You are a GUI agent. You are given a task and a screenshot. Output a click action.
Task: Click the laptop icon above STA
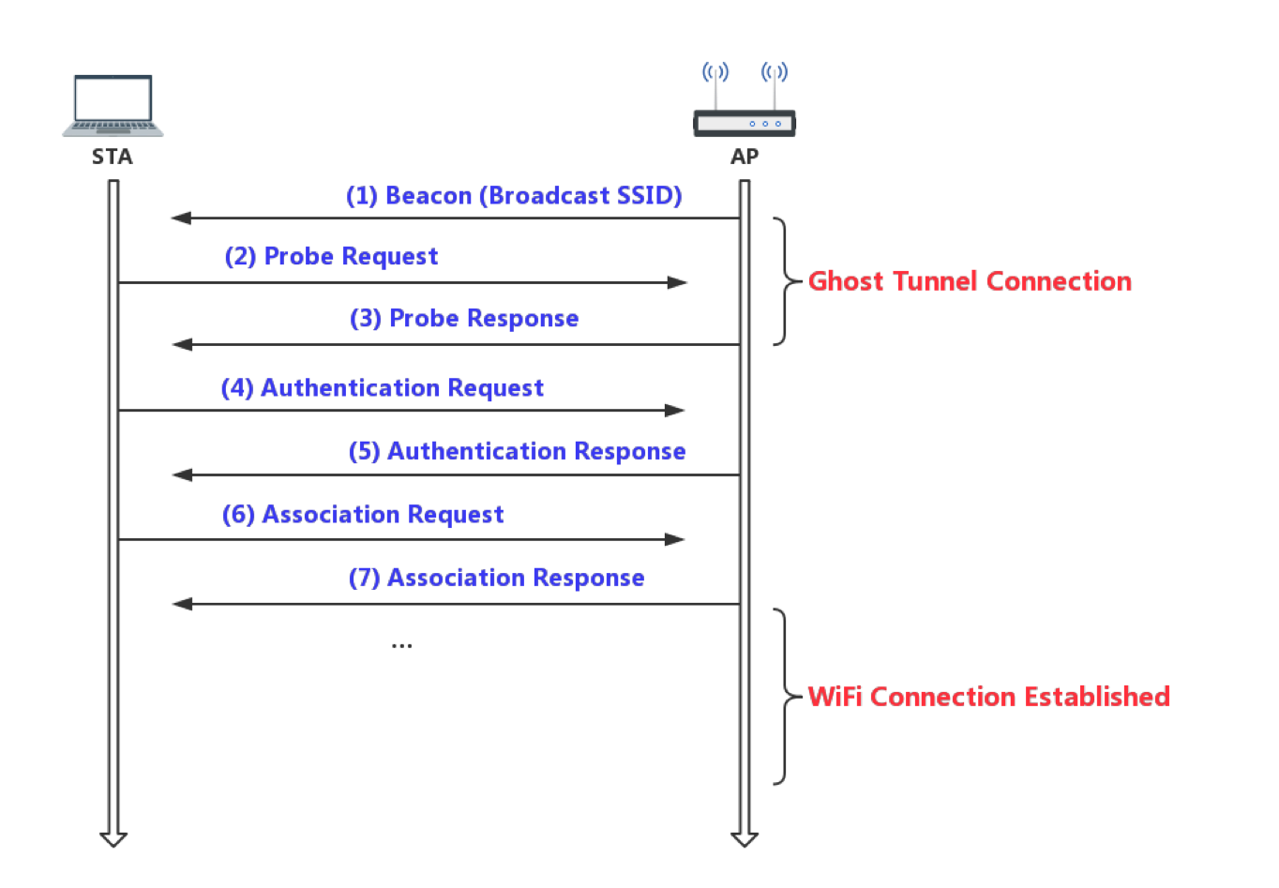[113, 105]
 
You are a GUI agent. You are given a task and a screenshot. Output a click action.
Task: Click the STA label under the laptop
[113, 157]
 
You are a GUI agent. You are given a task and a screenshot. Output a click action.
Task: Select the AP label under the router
[745, 157]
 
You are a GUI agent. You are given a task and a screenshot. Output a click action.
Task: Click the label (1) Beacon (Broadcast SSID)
[514, 196]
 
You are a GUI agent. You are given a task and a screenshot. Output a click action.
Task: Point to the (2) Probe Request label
[331, 257]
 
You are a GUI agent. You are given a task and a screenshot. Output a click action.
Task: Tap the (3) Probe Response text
[464, 319]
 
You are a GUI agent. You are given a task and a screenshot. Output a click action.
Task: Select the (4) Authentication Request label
[383, 388]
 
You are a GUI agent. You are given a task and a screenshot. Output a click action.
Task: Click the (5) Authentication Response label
[517, 452]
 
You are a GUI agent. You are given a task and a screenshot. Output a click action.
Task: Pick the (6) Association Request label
[363, 515]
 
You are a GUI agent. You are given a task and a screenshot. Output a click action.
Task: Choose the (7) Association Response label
[496, 578]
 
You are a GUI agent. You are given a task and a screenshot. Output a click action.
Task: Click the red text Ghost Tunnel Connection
[970, 281]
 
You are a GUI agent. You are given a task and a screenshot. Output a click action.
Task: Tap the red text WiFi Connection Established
[989, 697]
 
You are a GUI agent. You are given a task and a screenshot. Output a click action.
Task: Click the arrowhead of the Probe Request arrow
[679, 282]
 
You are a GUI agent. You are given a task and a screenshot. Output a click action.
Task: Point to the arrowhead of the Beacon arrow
[179, 218]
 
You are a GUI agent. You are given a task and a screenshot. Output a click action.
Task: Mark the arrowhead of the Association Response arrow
[181, 604]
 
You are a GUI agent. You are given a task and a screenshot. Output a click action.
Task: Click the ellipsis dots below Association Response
[401, 646]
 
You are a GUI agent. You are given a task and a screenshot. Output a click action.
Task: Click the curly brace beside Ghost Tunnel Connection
[783, 281]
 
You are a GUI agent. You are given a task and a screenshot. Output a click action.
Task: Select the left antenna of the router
[715, 85]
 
